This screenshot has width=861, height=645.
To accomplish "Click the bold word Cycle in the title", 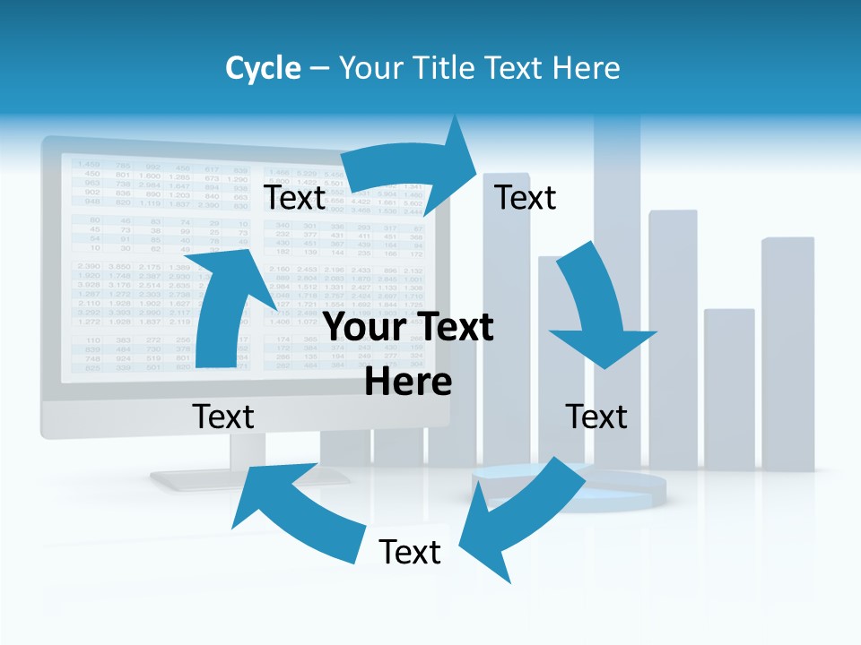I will point(262,68).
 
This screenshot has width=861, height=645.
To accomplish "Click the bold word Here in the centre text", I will point(408,382).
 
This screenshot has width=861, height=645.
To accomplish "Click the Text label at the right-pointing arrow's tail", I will point(294,198).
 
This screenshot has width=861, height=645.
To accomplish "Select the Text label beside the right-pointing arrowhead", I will point(526,198).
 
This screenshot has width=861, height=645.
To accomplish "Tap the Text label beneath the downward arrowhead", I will point(596,417).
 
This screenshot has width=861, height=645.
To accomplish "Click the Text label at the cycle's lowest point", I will point(410,552).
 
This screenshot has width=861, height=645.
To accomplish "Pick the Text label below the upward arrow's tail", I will point(223,417).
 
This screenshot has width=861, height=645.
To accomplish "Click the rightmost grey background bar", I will point(787,349).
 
